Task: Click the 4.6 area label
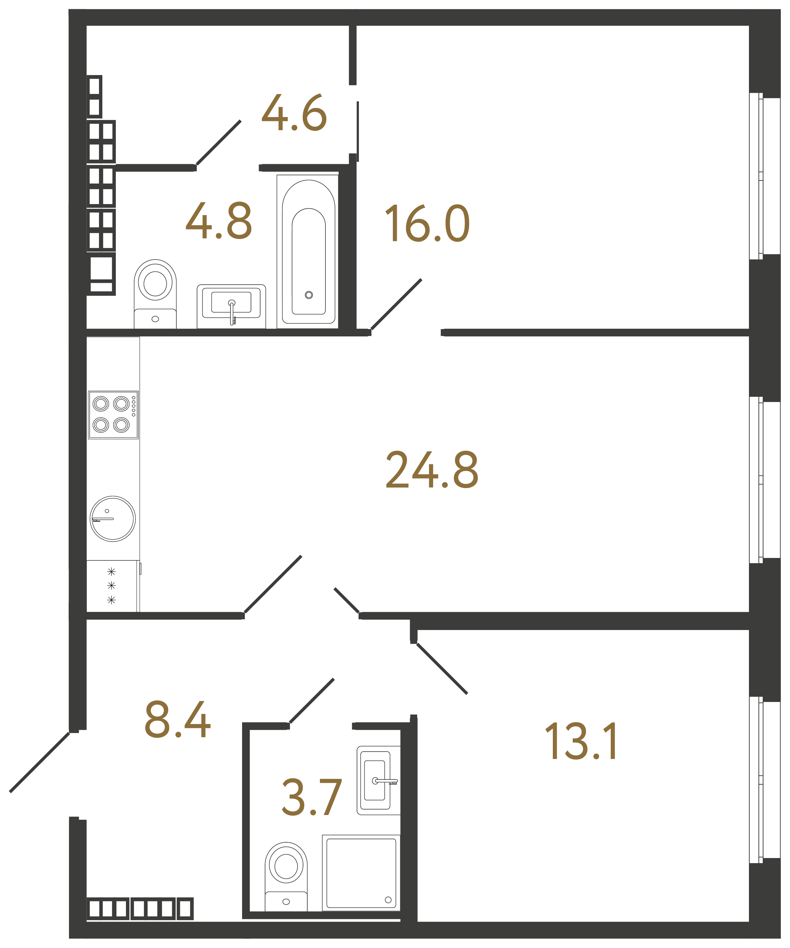coord(294,112)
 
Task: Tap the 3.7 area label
coord(311,797)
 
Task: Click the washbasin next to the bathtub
coord(231,306)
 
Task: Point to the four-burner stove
coord(113,415)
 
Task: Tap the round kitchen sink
coord(112,519)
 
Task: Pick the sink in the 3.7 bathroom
coord(378,780)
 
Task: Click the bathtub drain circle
coord(309,295)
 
